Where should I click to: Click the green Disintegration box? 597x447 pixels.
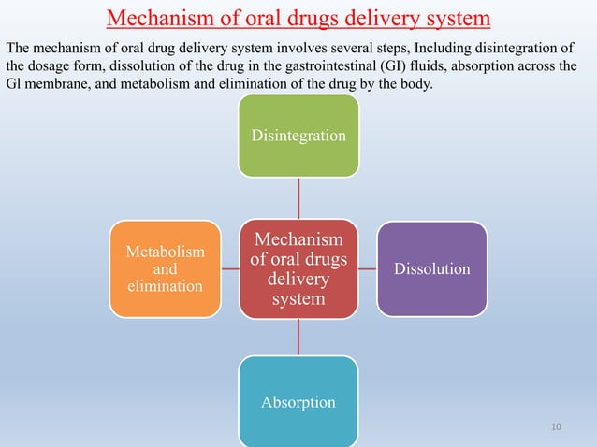pyautogui.click(x=298, y=136)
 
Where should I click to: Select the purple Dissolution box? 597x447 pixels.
pyautogui.click(x=431, y=268)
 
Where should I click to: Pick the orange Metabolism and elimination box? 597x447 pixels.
pyautogui.click(x=165, y=268)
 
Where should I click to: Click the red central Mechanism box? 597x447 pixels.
pyautogui.click(x=298, y=268)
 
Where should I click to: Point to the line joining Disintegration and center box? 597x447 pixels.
pyautogui.click(x=298, y=197)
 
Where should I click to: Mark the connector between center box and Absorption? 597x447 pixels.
pyautogui.click(x=298, y=337)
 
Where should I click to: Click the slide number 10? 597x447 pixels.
pyautogui.click(x=557, y=427)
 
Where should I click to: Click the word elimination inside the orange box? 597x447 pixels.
pyautogui.click(x=165, y=285)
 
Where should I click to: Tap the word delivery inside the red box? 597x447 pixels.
pyautogui.click(x=298, y=280)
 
